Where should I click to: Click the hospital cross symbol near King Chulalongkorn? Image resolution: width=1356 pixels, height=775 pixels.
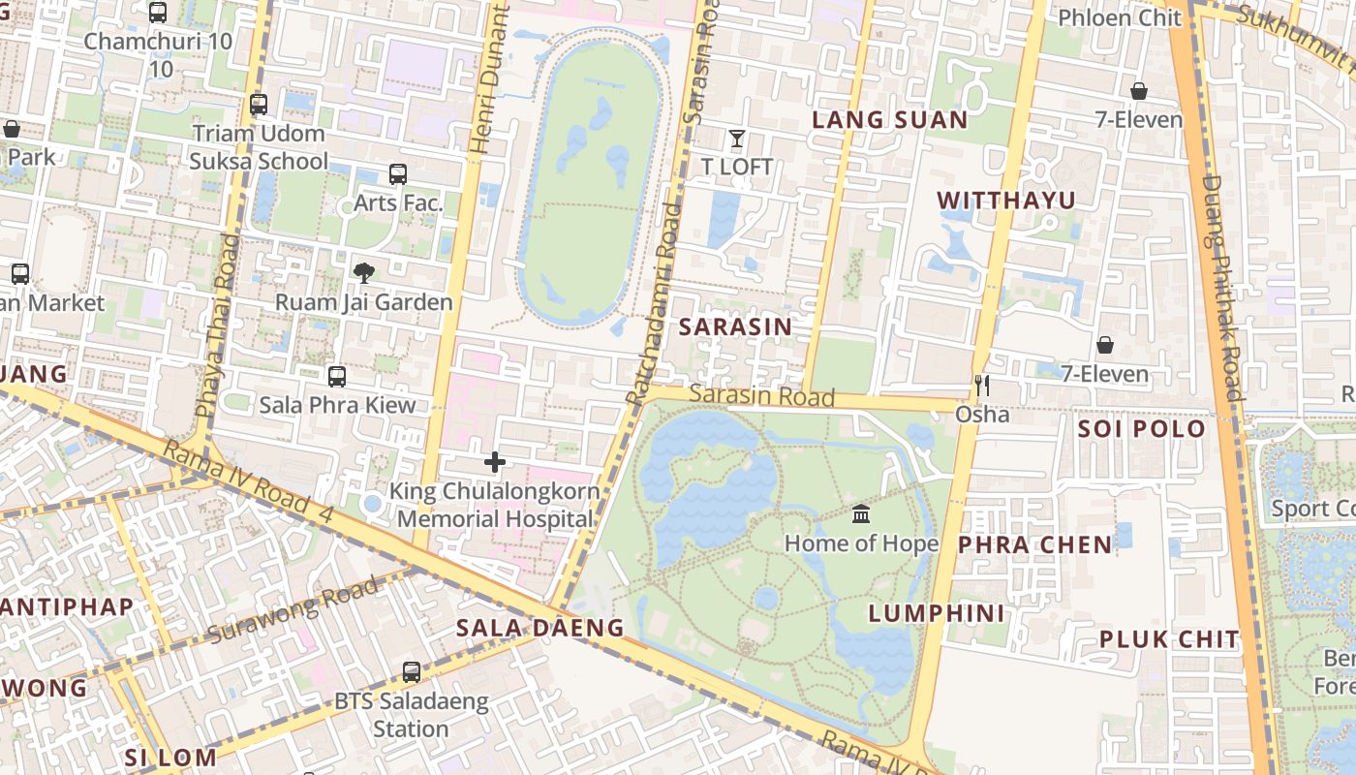pos(495,462)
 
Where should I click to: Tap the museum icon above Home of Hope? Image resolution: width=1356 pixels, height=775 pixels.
pos(861,513)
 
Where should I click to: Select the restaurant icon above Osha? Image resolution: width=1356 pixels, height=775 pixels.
pos(982,386)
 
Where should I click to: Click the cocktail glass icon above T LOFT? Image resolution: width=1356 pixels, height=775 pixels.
pos(737,139)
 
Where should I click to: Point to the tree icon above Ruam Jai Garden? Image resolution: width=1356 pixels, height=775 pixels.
pos(363,273)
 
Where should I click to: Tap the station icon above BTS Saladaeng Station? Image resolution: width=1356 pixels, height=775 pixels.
pos(412,671)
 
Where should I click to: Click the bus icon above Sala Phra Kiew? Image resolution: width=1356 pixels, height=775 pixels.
pos(337,376)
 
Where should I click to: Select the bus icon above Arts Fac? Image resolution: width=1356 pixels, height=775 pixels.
pos(398,174)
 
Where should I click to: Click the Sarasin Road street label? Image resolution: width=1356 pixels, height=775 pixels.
pos(762,395)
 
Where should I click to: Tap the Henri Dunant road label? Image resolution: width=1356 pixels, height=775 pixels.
pos(488,77)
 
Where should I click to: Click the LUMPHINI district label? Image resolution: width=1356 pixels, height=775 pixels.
pos(937,613)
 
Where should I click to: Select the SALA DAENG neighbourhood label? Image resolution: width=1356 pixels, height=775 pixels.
pos(540,628)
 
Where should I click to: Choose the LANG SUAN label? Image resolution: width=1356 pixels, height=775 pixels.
pos(889,120)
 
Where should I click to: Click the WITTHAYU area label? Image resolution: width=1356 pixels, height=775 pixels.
pos(1006,201)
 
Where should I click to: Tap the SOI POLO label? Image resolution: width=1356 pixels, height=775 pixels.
pos(1142,428)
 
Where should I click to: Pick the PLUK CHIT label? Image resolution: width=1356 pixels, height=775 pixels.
pos(1169,639)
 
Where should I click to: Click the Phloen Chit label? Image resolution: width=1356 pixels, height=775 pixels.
pos(1120,17)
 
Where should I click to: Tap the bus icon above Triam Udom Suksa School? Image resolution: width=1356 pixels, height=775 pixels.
pos(259,105)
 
